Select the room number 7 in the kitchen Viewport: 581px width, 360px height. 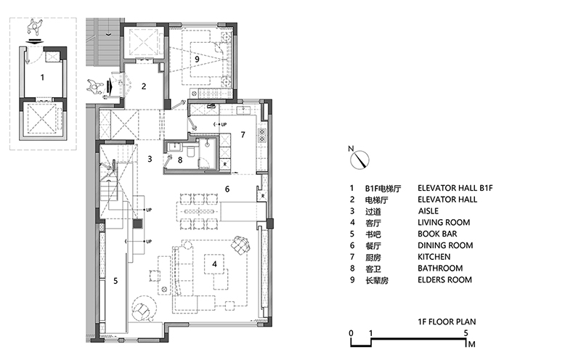click(243, 135)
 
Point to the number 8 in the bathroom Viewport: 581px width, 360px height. click(180, 159)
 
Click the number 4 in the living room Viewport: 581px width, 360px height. click(214, 265)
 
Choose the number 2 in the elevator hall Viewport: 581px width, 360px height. click(144, 86)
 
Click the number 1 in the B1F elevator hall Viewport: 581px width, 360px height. click(42, 75)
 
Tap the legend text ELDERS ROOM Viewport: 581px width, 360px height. click(444, 279)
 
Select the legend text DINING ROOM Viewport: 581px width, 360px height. click(445, 245)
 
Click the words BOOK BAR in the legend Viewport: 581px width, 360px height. click(439, 234)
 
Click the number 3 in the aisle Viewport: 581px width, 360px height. click(149, 157)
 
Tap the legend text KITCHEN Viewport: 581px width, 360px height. click(434, 257)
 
